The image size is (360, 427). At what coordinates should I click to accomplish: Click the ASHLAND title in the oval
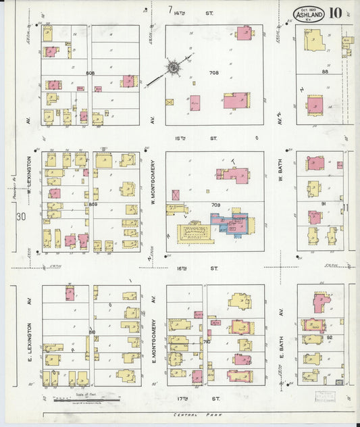[x=309, y=14]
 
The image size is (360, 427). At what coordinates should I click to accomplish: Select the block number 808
[x=90, y=73]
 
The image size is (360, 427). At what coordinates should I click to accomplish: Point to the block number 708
[x=214, y=73]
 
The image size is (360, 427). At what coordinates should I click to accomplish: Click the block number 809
[x=92, y=203]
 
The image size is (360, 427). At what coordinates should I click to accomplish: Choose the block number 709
[x=215, y=204]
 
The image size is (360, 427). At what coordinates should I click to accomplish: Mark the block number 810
[x=91, y=332]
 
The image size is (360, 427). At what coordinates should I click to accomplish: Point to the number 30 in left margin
[x=20, y=217]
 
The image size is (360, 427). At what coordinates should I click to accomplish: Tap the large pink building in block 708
[x=236, y=101]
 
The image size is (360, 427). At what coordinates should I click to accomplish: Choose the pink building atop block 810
[x=70, y=293]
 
